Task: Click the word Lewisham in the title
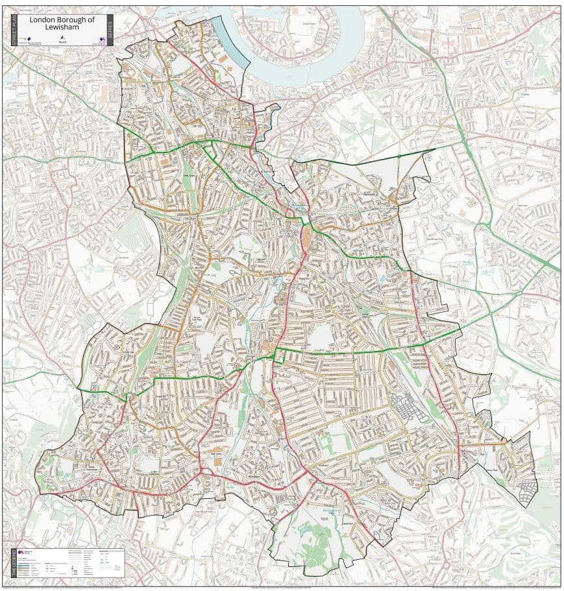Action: pyautogui.click(x=62, y=28)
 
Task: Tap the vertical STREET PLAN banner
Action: pyautogui.click(x=15, y=30)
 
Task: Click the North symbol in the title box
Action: pyautogui.click(x=62, y=40)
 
